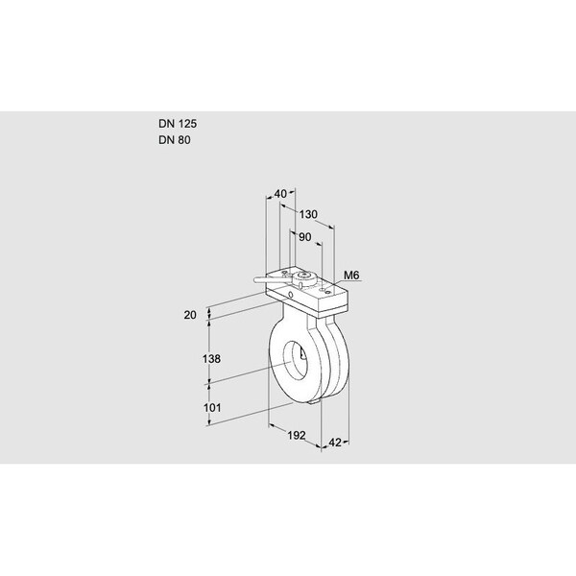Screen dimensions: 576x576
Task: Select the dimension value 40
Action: click(281, 194)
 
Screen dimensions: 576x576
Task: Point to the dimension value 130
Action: click(308, 214)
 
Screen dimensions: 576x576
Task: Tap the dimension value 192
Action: click(296, 435)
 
